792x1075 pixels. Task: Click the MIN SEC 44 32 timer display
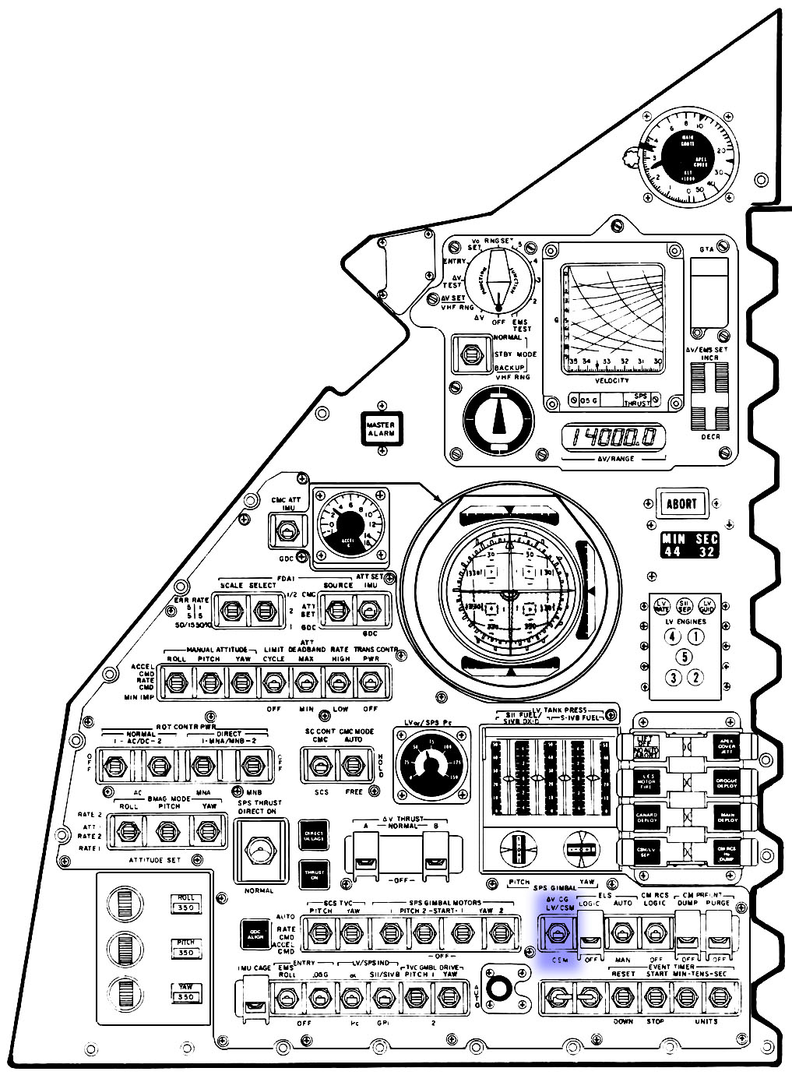click(x=690, y=545)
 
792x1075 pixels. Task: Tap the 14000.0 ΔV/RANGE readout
click(x=614, y=439)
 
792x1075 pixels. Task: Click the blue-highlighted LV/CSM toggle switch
click(x=558, y=932)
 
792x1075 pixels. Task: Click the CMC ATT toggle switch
click(x=286, y=532)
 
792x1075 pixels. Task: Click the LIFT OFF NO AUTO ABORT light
click(x=646, y=747)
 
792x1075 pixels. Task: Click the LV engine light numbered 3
click(x=674, y=678)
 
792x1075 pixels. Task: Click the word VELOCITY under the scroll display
click(x=611, y=380)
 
